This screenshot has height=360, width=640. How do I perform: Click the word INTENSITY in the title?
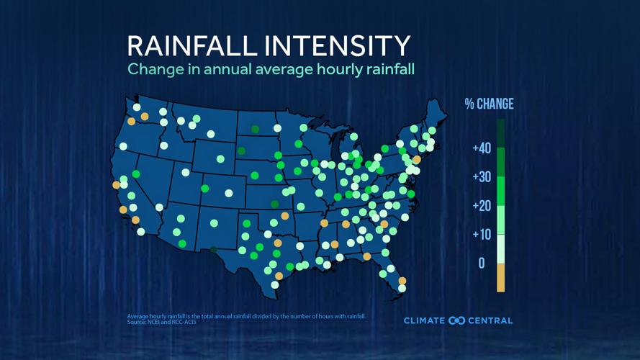pyautogui.click(x=338, y=45)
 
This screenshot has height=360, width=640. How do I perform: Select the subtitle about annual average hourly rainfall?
pyautogui.click(x=271, y=70)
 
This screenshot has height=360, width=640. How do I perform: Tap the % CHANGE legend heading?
pyautogui.click(x=489, y=104)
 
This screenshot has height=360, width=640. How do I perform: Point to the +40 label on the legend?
pyautogui.click(x=482, y=148)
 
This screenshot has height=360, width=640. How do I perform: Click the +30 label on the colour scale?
pyautogui.click(x=482, y=177)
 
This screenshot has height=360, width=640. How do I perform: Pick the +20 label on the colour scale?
pyautogui.click(x=482, y=206)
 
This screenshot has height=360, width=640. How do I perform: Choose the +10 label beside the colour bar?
pyautogui.click(x=482, y=235)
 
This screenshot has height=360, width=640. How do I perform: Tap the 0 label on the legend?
pyautogui.click(x=482, y=264)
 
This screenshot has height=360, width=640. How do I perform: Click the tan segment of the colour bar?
pyautogui.click(x=501, y=278)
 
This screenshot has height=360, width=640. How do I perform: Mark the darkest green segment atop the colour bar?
pyautogui.click(x=501, y=133)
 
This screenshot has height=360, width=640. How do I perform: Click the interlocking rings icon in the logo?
pyautogui.click(x=456, y=320)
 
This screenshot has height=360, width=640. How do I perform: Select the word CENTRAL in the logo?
pyautogui.click(x=491, y=320)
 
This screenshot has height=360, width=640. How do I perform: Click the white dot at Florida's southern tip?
pyautogui.click(x=402, y=289)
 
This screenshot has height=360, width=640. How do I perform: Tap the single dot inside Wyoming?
pyautogui.click(x=220, y=159)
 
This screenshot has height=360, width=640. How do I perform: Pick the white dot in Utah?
pyautogui.click(x=186, y=173)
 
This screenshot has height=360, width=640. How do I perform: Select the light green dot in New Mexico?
pyautogui.click(x=214, y=223)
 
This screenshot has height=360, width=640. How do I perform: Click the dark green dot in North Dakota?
pyautogui.click(x=256, y=130)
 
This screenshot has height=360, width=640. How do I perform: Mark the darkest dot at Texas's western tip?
pyautogui.click(x=214, y=250)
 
